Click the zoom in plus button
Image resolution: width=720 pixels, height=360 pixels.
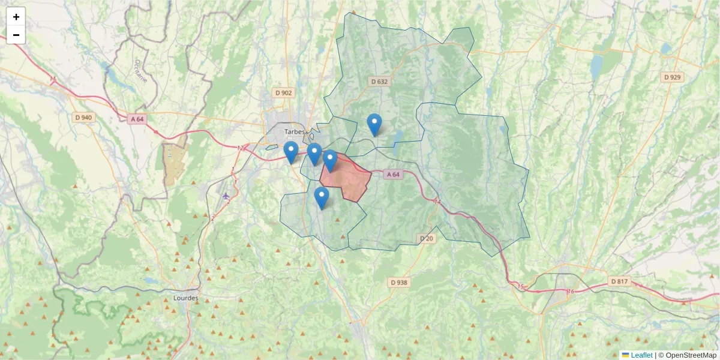click(16, 17)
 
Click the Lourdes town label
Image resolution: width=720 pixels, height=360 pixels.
click(185, 298)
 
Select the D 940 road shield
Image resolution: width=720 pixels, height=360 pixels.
click(83, 117)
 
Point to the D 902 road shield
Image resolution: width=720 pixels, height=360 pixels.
click(283, 92)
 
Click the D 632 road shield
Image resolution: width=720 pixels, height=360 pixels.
click(379, 81)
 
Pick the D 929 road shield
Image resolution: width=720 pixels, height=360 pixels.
click(673, 77)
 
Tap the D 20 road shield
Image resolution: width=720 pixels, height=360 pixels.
click(426, 238)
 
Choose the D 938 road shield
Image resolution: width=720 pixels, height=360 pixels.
click(398, 282)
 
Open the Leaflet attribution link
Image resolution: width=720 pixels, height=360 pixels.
click(641, 355)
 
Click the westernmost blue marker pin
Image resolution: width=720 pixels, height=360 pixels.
click(291, 152)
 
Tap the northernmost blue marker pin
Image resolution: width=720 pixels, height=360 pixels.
click(374, 124)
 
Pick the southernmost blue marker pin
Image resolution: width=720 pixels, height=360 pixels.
click(322, 197)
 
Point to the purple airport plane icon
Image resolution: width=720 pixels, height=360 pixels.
click(226, 196)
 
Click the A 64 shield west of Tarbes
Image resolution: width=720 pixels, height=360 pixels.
click(137, 119)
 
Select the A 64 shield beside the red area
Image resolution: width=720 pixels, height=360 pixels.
click(392, 174)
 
